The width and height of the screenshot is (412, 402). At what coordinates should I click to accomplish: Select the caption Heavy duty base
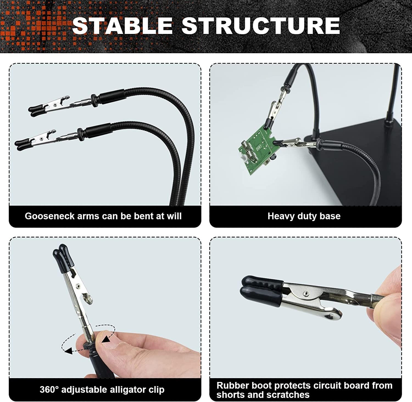point(304,216)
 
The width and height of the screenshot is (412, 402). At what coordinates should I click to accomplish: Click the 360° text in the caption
point(49,389)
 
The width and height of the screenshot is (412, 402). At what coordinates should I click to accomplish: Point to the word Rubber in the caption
point(233,385)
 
